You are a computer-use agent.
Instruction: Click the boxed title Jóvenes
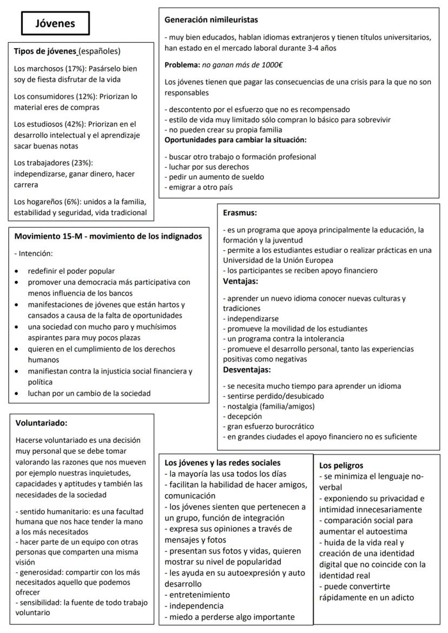[x=55, y=23]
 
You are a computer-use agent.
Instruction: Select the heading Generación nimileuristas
[x=212, y=20]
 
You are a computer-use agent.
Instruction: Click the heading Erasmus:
[x=240, y=213]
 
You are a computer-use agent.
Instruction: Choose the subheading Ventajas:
[x=241, y=282]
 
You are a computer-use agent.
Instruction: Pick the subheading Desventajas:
[x=248, y=370]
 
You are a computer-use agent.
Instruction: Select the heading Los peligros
[x=341, y=465]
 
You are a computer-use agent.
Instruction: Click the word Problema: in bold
[x=182, y=65]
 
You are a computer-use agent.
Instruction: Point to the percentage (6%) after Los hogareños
[x=73, y=202]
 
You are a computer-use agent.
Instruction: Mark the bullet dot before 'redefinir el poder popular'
[x=18, y=271]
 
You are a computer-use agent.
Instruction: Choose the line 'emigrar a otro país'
[x=200, y=187]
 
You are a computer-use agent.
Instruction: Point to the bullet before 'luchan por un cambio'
[x=18, y=394]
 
